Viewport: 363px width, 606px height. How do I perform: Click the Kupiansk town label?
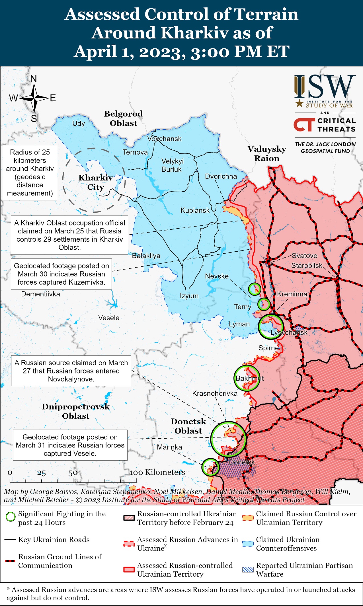click(195, 211)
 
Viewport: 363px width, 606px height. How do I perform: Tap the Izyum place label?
click(189, 296)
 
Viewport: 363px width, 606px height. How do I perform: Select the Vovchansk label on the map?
click(164, 139)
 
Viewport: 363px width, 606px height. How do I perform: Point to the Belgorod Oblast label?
click(123, 118)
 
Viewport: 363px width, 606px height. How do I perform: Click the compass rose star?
click(34, 98)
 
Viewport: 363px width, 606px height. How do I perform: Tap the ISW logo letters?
click(325, 87)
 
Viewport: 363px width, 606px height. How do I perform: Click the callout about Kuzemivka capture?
click(61, 274)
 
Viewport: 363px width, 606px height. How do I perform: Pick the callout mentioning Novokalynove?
click(71, 371)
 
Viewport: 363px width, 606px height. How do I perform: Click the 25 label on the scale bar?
click(41, 473)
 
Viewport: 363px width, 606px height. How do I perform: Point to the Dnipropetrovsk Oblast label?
click(76, 411)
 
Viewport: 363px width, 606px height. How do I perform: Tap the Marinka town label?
click(169, 447)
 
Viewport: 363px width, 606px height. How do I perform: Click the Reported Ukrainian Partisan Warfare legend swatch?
click(247, 570)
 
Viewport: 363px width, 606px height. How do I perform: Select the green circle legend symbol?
click(11, 517)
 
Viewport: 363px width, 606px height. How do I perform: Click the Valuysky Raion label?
click(267, 153)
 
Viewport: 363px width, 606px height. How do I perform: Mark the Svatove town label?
click(304, 256)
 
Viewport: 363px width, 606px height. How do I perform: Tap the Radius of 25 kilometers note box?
click(30, 172)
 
